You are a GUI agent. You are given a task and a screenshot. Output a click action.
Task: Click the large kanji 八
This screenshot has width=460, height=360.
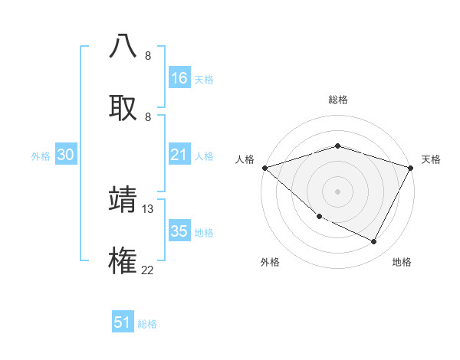123,47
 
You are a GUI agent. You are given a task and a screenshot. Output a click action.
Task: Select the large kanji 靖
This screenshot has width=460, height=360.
123,199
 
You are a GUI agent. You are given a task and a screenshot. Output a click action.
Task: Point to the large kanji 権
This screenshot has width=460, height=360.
123,260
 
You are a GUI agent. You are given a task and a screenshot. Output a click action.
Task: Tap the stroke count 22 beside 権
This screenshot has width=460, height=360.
148,270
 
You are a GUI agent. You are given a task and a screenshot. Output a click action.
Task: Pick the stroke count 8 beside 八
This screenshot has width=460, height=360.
148,56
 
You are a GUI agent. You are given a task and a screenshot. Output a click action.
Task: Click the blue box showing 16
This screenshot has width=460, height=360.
179,78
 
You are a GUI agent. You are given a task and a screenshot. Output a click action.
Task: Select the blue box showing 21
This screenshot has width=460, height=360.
179,155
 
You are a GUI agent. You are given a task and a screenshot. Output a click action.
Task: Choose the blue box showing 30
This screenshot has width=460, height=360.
66,155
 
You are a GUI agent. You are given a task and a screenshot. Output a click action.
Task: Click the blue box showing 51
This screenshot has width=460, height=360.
123,322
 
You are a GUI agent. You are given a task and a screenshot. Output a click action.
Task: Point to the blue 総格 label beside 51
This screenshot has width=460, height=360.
147,324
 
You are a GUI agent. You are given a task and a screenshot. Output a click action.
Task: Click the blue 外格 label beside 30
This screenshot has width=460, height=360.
41,156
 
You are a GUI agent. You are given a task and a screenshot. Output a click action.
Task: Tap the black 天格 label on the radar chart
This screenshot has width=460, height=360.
431,159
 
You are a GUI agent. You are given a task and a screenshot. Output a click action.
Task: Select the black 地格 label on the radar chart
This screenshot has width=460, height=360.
402,262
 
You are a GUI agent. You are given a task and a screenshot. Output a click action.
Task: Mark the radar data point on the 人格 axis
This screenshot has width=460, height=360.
264,167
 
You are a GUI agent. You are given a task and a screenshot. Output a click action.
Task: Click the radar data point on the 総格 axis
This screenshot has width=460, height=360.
337,146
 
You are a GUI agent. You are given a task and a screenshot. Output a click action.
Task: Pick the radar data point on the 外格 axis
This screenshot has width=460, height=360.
319,216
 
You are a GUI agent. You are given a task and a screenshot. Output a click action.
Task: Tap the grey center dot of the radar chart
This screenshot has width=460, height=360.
337,191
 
